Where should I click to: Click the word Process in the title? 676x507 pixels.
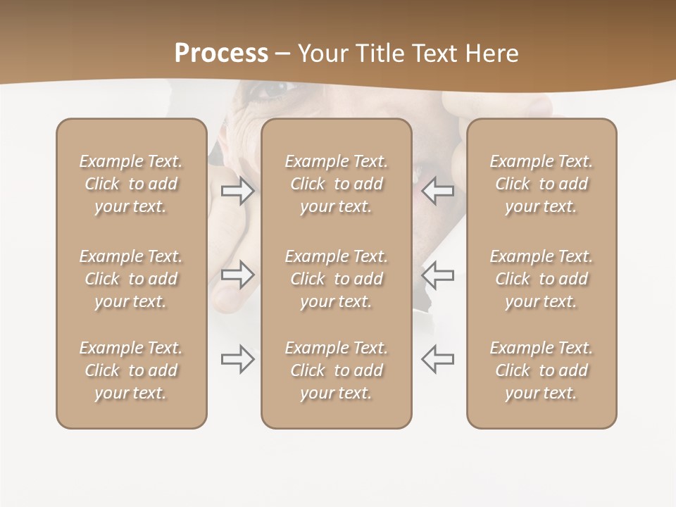(x=221, y=54)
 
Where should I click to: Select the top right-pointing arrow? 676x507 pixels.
(x=237, y=191)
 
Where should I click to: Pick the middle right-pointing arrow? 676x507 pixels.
(x=237, y=275)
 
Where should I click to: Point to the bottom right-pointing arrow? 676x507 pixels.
(x=237, y=359)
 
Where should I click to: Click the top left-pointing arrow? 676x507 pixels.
(x=438, y=191)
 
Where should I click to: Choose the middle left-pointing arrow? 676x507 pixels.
(x=438, y=275)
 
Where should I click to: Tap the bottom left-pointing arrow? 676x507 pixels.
(x=438, y=359)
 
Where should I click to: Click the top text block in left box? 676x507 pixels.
(x=131, y=184)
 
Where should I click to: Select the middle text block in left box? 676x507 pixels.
(x=131, y=279)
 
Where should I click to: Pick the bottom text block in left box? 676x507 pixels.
(x=131, y=370)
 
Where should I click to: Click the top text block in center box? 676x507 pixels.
(x=336, y=184)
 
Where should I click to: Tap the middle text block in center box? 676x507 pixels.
(x=336, y=279)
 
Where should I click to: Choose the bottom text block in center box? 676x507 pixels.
(x=336, y=370)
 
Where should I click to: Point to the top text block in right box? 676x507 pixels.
(x=541, y=184)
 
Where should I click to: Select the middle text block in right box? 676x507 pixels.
(x=541, y=279)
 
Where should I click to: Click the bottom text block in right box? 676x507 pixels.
(x=541, y=370)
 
